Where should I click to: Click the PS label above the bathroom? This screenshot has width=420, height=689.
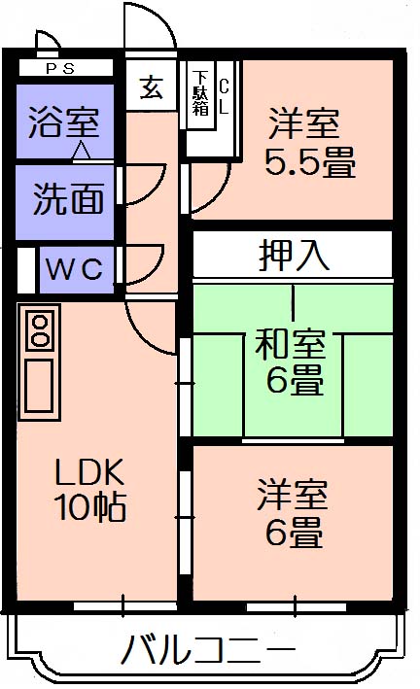point(60,69)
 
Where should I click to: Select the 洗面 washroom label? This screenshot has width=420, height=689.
point(69,198)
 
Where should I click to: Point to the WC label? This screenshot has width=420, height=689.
point(75,269)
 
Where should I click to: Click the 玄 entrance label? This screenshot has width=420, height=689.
point(152,87)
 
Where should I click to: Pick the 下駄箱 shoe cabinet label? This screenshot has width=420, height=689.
point(200,92)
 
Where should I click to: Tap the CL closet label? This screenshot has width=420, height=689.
point(224,96)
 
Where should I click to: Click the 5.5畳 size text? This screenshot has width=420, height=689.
point(310,162)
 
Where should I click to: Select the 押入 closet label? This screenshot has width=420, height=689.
point(294,255)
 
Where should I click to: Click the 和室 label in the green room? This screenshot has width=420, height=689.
point(291,344)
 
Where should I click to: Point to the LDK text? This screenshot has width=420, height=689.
point(89,472)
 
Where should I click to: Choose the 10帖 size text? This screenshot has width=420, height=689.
point(90,506)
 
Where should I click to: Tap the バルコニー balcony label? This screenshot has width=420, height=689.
point(208,650)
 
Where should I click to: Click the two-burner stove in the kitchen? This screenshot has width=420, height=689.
point(40,330)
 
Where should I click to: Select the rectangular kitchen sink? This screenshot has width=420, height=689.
point(39,385)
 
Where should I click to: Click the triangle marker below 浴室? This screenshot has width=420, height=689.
point(81,150)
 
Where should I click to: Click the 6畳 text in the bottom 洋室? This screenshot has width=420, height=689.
point(295,533)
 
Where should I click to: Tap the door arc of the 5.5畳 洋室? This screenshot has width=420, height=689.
point(219,194)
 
